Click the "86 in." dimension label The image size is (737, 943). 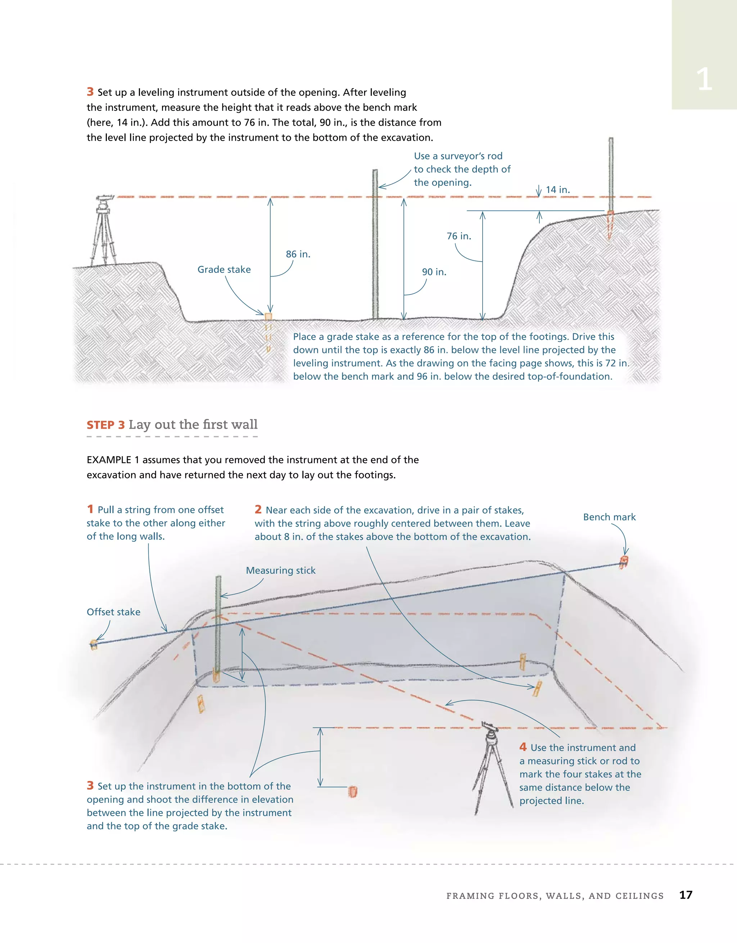pos(298,254)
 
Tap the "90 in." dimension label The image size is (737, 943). pos(434,272)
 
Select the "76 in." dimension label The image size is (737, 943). pos(458,236)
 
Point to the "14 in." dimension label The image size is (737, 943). pos(557,190)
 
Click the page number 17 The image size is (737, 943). pos(686,895)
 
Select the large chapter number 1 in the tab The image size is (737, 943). pos(704,80)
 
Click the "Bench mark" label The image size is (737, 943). pos(609,517)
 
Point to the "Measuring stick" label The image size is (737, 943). pos(281,570)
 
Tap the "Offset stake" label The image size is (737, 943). pos(114,612)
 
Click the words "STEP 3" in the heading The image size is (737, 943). pos(106,425)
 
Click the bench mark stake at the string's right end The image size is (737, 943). pos(623,562)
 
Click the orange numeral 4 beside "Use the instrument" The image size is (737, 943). pos(523,747)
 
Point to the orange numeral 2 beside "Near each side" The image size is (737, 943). pos(258,510)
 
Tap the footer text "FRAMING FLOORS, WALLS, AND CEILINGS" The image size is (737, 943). pos(555,896)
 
